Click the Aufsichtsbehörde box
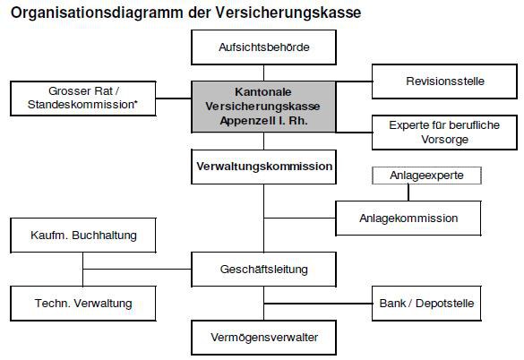click(263, 47)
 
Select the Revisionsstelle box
click(444, 81)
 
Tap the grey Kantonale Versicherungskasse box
click(263, 107)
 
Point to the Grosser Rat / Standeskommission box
click(83, 99)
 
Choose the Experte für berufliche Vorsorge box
click(444, 133)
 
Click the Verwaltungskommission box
click(263, 167)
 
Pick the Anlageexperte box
click(426, 176)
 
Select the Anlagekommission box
click(408, 219)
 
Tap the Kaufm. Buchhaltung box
click(83, 235)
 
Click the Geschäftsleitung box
click(263, 270)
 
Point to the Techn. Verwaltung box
click(83, 304)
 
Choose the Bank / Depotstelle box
click(426, 304)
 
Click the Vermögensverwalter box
click(263, 338)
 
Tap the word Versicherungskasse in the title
click(288, 13)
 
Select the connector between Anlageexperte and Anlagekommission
click(408, 193)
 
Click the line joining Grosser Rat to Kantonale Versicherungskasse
click(174, 99)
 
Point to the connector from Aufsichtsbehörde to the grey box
click(263, 73)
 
